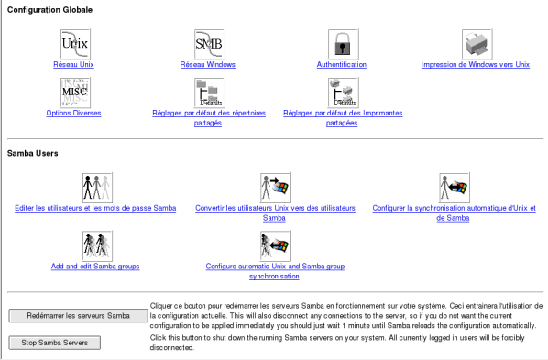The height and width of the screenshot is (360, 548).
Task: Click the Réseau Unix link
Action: [x=73, y=65]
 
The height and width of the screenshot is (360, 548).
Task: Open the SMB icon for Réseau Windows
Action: [x=209, y=44]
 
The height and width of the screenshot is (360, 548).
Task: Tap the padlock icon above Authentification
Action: [x=344, y=44]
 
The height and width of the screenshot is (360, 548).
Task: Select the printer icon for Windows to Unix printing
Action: [x=477, y=44]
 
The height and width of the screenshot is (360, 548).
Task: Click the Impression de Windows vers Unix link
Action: [x=476, y=65]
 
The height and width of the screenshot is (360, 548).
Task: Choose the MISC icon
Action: [x=75, y=93]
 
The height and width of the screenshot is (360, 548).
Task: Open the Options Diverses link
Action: [x=73, y=113]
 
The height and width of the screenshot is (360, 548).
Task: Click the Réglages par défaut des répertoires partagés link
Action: [x=209, y=118]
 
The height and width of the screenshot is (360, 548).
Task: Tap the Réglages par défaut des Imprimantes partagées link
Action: [x=343, y=118]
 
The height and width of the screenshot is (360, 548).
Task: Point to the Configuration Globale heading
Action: [x=50, y=10]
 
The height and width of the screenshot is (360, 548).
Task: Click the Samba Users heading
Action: [x=32, y=153]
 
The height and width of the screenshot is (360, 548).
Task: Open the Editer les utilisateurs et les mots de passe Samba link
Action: [x=95, y=208]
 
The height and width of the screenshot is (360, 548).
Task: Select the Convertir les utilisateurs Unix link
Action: [x=275, y=213]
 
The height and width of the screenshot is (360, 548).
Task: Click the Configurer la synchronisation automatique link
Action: [x=454, y=213]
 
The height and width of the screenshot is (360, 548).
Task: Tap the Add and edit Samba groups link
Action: [x=95, y=267]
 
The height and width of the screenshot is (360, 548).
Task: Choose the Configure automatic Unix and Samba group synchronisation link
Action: [x=275, y=271]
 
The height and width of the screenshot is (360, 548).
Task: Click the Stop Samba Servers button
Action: [x=54, y=343]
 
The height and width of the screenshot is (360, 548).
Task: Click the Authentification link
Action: [x=342, y=65]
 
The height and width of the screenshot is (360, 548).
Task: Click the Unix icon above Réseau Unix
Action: [x=75, y=44]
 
